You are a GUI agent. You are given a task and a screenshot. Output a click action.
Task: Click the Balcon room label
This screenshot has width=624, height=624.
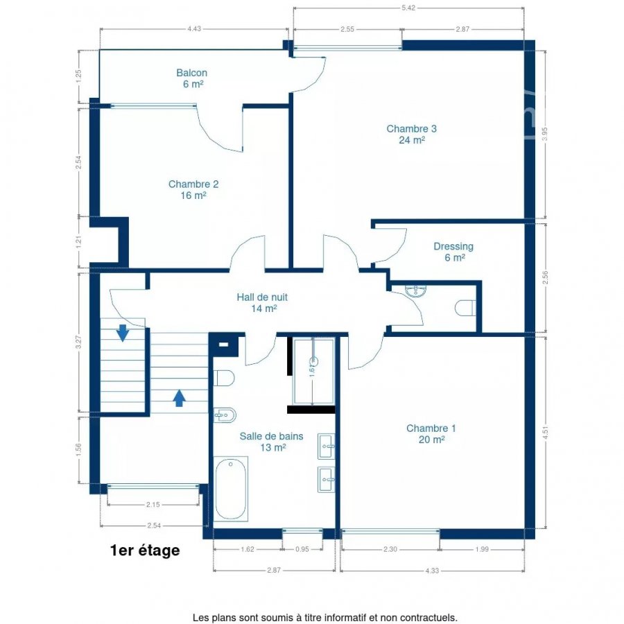(x=192, y=78)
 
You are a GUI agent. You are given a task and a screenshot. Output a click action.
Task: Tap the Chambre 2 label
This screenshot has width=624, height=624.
(x=193, y=190)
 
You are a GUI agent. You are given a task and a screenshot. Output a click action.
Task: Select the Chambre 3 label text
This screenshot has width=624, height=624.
(x=411, y=134)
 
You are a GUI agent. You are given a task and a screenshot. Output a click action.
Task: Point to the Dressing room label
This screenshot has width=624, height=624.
(x=453, y=252)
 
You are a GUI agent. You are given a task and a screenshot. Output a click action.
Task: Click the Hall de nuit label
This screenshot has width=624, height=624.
(x=262, y=302)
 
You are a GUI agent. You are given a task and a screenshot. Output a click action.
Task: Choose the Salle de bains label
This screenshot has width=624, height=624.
(x=271, y=442)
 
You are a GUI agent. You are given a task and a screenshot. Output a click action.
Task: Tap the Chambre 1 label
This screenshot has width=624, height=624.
(x=431, y=434)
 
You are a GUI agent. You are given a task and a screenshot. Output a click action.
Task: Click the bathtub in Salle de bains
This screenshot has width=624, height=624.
(x=231, y=489)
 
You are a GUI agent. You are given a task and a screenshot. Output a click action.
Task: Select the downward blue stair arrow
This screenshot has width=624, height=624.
(x=123, y=333)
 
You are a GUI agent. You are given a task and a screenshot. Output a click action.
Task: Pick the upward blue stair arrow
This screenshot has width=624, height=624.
(x=180, y=398)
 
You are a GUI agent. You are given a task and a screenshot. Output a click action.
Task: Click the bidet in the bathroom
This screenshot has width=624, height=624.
(x=225, y=416)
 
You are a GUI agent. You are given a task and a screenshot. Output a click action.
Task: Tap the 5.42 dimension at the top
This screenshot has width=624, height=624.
(x=408, y=8)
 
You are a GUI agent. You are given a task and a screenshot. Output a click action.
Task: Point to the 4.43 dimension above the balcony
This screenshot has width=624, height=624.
(x=194, y=28)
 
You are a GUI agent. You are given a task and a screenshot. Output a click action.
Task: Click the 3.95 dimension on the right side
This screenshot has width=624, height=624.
(x=545, y=134)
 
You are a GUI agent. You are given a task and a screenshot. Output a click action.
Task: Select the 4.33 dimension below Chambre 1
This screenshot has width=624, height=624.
(x=432, y=571)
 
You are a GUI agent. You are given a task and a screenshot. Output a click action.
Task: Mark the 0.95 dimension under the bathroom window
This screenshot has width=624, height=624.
(x=302, y=549)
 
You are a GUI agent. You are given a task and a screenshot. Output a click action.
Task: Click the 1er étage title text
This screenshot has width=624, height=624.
(x=145, y=551)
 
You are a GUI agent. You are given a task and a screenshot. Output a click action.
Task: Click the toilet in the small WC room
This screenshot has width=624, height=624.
(x=465, y=308)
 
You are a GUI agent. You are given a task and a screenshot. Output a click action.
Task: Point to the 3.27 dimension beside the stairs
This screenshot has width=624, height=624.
(x=78, y=343)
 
